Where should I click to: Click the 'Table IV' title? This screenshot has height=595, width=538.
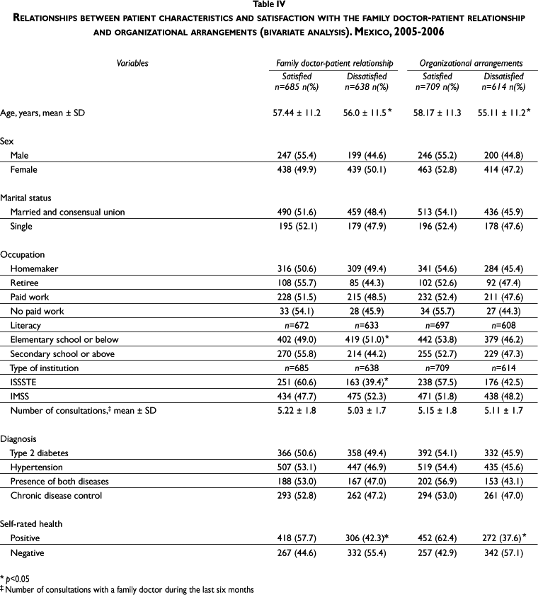pos(268,6)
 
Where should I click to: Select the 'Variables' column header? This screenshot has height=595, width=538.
pos(132,63)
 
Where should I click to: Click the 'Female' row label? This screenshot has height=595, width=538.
pos(24,170)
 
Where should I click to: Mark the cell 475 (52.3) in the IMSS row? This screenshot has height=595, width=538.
pos(366,396)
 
